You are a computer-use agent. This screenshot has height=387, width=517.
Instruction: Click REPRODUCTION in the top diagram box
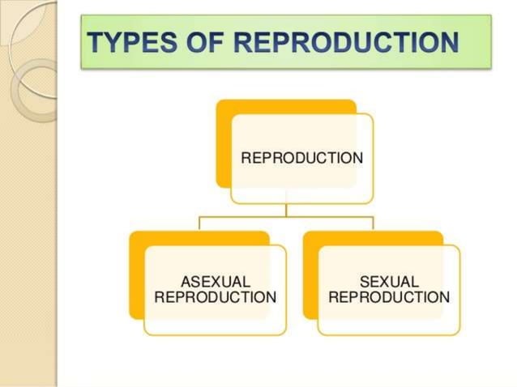(x=301, y=158)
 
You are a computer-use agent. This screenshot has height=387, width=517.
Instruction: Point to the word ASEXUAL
(x=215, y=282)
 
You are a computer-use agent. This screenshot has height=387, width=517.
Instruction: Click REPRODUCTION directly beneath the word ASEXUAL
(x=215, y=297)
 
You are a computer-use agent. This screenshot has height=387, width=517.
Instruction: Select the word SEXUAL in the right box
(x=389, y=282)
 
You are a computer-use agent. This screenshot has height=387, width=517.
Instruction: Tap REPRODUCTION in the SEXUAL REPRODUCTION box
(x=389, y=297)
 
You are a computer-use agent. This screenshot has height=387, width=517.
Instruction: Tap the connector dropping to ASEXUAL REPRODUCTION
(x=199, y=224)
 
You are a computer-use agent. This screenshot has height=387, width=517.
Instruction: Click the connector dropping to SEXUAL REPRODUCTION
(x=373, y=224)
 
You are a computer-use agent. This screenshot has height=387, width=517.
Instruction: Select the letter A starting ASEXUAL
(x=186, y=282)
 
